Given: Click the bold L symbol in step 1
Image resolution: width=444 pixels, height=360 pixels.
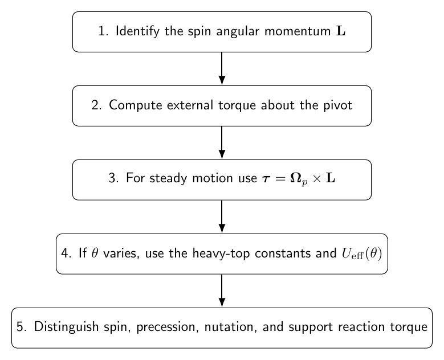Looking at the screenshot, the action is [x=341, y=31].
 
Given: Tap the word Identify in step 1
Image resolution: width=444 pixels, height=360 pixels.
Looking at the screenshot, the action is [x=137, y=31].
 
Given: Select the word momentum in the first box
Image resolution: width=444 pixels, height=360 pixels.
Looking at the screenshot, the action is [x=298, y=31].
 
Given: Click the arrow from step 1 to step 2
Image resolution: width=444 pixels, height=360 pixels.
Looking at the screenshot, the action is [x=222, y=68].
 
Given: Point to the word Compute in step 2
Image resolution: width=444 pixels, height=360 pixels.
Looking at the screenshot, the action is [x=135, y=105].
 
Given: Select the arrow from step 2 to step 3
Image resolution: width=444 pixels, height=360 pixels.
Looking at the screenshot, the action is [x=222, y=142].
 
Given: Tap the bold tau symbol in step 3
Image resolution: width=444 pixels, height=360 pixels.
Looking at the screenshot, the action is [x=266, y=179].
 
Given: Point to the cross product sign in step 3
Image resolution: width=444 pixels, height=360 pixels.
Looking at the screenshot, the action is [x=317, y=179].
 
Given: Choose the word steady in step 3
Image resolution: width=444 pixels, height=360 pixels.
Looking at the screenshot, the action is [x=168, y=179].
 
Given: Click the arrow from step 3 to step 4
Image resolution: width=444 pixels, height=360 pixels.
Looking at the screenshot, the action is [x=222, y=217].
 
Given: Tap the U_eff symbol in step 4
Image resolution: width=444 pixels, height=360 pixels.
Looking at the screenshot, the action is [x=353, y=253].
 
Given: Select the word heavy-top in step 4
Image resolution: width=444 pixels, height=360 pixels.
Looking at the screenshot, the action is [x=221, y=253].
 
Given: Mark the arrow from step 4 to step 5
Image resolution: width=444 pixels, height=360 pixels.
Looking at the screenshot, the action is [x=222, y=291].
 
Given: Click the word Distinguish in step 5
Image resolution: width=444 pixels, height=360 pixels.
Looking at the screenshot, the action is [x=66, y=327].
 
